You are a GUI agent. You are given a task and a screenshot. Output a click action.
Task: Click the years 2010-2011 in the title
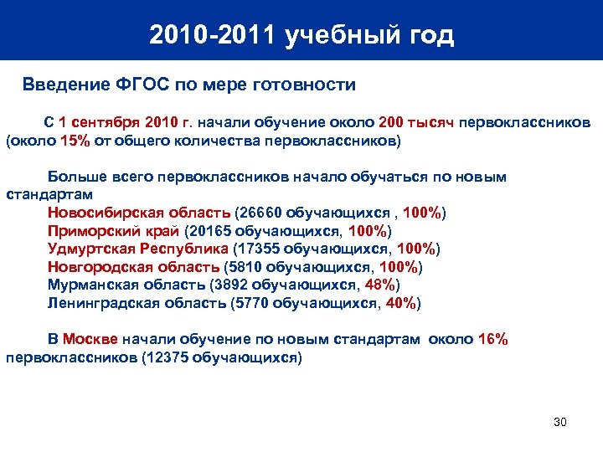coord(213,35)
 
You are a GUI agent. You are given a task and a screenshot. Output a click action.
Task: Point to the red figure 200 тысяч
coord(416,123)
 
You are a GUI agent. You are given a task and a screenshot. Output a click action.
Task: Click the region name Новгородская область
coord(134,267)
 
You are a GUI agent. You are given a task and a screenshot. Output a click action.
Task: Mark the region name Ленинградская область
coord(137,303)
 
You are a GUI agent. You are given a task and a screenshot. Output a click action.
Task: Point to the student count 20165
coord(209,231)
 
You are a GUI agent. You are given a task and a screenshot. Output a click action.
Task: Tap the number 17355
coord(257,249)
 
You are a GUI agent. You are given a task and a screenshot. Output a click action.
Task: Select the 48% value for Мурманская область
coord(380,285)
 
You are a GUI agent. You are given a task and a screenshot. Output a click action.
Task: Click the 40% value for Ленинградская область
coord(399,303)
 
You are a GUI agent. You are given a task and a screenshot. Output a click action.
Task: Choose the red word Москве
coord(91,339)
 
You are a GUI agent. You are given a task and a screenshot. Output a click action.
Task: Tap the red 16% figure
coord(492,339)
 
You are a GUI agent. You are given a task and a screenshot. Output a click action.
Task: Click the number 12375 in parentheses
coord(167,357)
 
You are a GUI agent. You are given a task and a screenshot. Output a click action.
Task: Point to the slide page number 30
coord(560,421)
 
